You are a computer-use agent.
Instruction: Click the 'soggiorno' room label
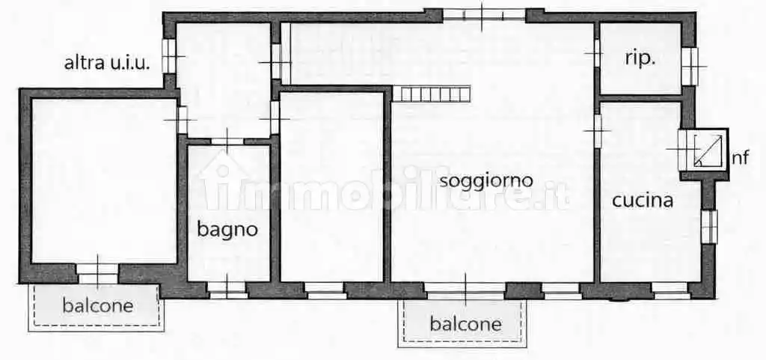485,180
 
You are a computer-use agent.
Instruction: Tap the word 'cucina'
643,201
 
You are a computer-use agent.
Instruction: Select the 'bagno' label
227,230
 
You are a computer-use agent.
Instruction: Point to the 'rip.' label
640,59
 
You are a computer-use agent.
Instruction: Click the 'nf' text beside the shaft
740,157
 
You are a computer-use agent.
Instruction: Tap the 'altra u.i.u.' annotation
107,63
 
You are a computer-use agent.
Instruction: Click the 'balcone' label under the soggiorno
465,324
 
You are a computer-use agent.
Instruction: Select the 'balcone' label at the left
97,305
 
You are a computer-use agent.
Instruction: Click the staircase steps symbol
432,94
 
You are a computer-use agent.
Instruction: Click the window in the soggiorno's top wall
484,14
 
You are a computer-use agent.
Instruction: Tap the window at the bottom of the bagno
227,290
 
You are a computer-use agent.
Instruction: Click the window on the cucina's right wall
708,226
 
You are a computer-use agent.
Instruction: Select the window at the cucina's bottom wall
670,290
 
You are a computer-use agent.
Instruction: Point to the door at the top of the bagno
227,140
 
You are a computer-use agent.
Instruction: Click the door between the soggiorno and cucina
598,130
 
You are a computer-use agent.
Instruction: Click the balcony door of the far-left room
98,274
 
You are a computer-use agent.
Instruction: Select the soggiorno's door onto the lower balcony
465,290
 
